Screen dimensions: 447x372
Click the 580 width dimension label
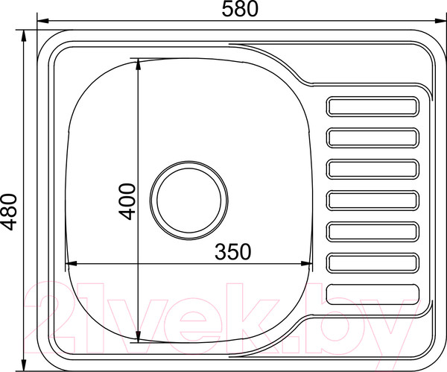pyautogui.click(x=240, y=9)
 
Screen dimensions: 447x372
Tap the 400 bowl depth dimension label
pyautogui.click(x=127, y=202)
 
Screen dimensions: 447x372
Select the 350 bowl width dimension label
pyautogui.click(x=233, y=252)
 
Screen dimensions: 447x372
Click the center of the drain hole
pyautogui.click(x=188, y=201)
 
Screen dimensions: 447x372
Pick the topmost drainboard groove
pyautogui.click(x=372, y=107)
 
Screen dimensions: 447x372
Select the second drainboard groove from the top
pyautogui.click(x=372, y=138)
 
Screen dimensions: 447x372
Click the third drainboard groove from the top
pyautogui.click(x=372, y=169)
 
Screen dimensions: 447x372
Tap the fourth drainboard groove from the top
pyautogui.click(x=372, y=201)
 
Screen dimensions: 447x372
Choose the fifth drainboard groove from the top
pyautogui.click(x=372, y=232)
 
